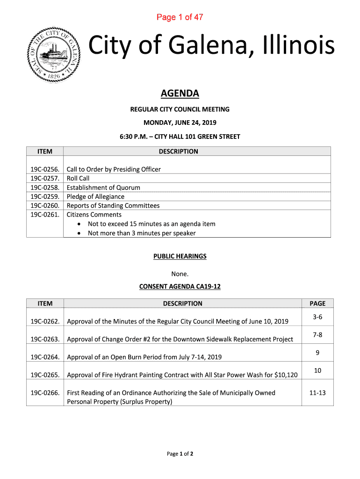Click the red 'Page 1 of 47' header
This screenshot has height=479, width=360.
[x=180, y=18]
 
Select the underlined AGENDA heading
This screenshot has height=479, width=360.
[x=180, y=94]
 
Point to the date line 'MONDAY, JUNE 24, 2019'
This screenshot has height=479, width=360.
[x=180, y=123]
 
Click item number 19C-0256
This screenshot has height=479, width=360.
[x=44, y=169]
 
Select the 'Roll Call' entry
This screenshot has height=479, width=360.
[x=78, y=178]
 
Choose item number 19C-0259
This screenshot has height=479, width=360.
[x=44, y=196]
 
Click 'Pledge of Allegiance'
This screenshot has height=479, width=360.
[x=96, y=196]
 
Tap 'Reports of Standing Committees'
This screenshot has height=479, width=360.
[x=113, y=206]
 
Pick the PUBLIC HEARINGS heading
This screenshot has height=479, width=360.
[x=180, y=256]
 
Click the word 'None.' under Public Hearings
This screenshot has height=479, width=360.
[x=180, y=274]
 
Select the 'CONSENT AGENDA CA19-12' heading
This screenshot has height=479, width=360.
[x=180, y=286]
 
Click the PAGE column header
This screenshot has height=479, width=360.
[x=317, y=303]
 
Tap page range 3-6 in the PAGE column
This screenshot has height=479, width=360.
[x=317, y=317]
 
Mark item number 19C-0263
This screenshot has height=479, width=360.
[x=44, y=339]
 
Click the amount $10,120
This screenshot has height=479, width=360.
[x=283, y=375]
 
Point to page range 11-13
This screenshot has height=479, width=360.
[x=317, y=393]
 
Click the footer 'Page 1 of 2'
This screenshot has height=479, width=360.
[x=180, y=454]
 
